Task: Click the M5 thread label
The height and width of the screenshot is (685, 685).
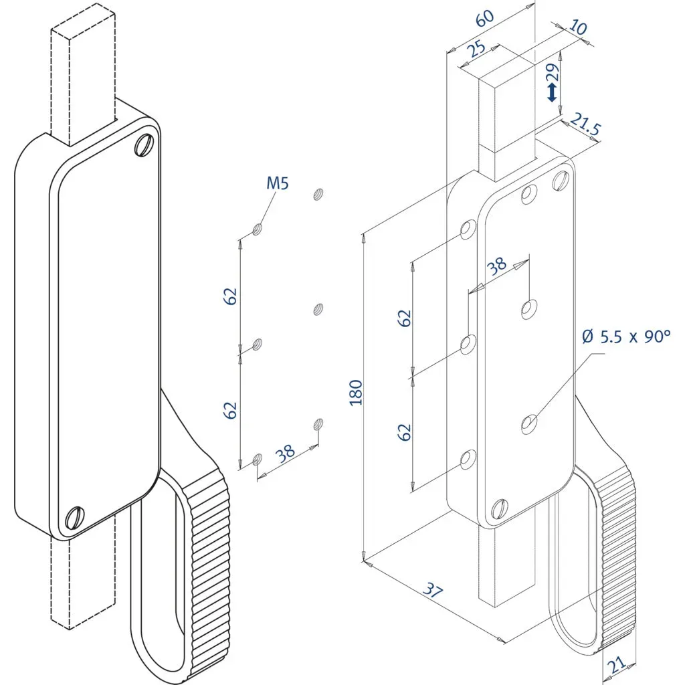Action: pos(278,183)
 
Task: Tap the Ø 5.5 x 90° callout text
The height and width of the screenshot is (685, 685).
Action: pos(625,336)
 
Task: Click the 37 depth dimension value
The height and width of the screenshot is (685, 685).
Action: pos(434,589)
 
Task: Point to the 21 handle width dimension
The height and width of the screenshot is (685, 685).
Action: pos(617,664)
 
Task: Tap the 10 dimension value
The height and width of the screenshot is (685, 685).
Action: pos(577,27)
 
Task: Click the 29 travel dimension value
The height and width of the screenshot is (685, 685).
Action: pos(552,69)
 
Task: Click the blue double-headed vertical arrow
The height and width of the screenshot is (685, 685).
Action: pos(552,92)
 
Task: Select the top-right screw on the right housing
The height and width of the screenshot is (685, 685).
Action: pos(561,180)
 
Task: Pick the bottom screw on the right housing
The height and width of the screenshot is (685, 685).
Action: pos(500,510)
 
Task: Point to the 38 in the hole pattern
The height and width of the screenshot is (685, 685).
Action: pos(286,453)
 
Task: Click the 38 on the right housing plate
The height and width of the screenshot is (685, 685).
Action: pos(497,266)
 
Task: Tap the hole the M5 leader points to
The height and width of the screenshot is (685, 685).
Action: pos(258,229)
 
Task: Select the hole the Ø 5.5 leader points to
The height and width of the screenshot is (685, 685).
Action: pos(530,423)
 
